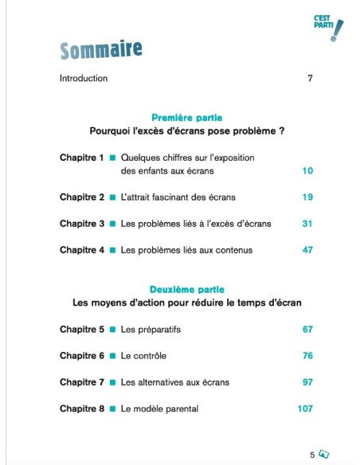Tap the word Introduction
84,78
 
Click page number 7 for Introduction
310,78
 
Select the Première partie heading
187,117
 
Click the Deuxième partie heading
187,289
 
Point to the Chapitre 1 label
82,158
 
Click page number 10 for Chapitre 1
307,170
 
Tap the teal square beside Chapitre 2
113,197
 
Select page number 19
307,197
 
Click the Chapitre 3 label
82,224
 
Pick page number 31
307,224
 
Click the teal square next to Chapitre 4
113,250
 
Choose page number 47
307,250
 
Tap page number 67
307,329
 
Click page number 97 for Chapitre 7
307,382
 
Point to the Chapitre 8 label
82,408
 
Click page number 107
305,408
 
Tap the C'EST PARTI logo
330,26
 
